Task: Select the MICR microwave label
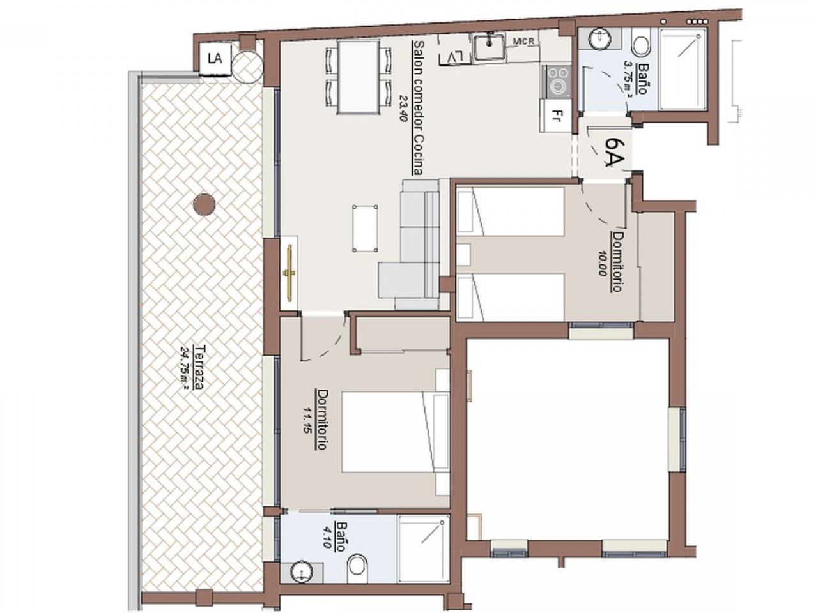(523, 42)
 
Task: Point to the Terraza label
(200, 367)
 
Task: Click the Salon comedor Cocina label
(418, 109)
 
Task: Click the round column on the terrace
(204, 204)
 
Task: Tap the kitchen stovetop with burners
(557, 82)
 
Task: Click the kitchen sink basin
(489, 45)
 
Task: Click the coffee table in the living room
(365, 229)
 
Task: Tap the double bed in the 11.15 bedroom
(395, 432)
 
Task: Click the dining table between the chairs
(359, 77)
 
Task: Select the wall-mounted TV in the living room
(290, 271)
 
